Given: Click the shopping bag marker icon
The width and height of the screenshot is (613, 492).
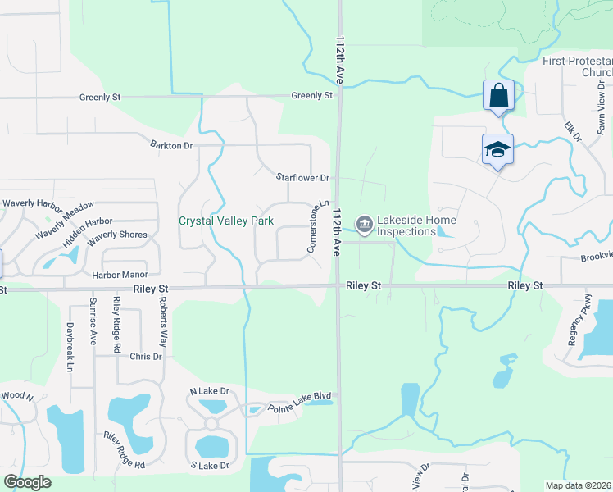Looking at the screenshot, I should [498, 97].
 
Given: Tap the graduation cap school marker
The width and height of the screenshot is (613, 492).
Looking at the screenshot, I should [497, 150].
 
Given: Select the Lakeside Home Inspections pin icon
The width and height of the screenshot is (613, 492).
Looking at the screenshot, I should [363, 223].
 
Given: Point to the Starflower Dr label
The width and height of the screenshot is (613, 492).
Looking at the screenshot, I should [302, 177].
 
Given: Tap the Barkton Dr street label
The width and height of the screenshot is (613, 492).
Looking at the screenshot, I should [170, 145].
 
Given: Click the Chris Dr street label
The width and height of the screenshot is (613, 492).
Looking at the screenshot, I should [145, 357].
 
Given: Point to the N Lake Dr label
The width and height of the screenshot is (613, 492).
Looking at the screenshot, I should [210, 391].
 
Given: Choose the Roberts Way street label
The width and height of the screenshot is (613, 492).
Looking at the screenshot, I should [163, 324].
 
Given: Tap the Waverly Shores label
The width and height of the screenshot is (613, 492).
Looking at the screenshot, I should [117, 235].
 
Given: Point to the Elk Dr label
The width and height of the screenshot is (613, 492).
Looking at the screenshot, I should [571, 130].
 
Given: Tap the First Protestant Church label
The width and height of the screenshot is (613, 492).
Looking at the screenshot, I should [577, 66].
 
